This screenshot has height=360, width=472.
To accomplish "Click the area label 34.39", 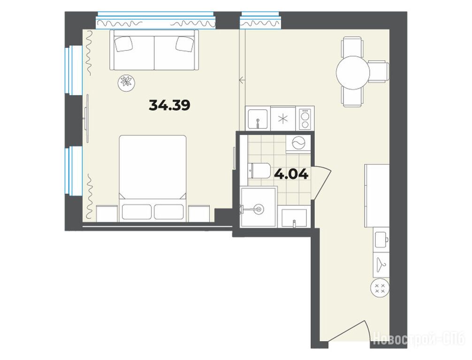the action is [169, 105].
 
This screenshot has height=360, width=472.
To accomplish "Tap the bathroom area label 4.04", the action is [291, 174].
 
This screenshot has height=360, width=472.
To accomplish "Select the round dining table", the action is [353, 73].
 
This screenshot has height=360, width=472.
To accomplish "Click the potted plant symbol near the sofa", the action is [126, 82].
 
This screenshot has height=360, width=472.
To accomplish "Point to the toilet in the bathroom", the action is [259, 171].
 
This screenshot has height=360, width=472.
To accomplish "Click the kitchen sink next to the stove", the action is [258, 118].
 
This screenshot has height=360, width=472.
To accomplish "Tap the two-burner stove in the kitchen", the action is [305, 119].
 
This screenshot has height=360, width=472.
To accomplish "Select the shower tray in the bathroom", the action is [259, 207].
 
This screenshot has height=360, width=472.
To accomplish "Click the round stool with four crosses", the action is [380, 288].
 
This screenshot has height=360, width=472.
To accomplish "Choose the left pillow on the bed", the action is [137, 212].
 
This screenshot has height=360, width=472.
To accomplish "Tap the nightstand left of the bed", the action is [107, 214].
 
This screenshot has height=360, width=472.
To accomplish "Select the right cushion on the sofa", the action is [185, 44].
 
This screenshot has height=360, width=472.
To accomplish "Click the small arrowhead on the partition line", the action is [241, 80].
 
